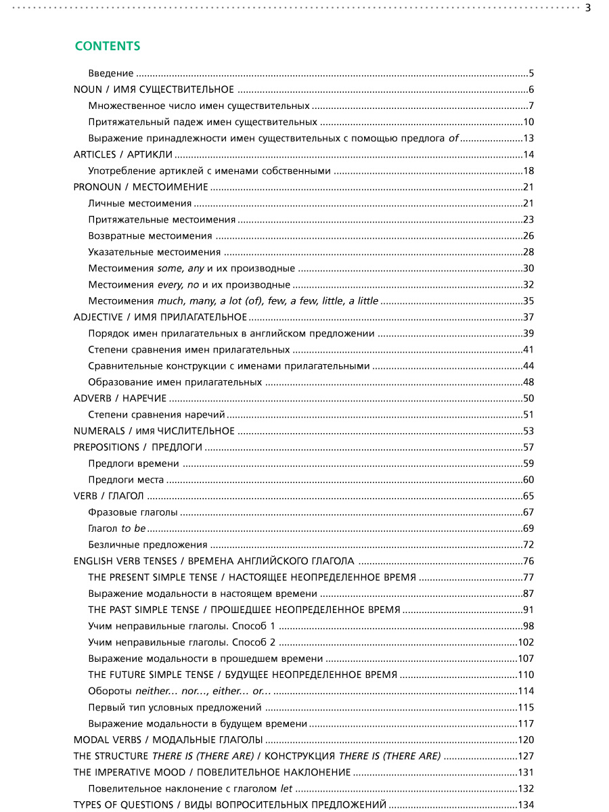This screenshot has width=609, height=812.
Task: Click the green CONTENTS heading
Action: (x=108, y=46)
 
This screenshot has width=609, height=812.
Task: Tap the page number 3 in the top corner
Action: (x=587, y=8)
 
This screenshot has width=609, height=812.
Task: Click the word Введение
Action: (x=111, y=74)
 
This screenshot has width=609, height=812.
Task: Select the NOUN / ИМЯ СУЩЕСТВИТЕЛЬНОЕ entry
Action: (x=154, y=90)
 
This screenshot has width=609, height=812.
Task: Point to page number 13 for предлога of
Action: (x=528, y=139)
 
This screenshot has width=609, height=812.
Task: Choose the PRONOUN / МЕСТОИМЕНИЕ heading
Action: (x=141, y=187)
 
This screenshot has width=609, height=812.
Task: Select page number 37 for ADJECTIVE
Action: (x=528, y=317)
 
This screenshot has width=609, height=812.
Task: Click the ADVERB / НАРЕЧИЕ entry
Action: (x=120, y=399)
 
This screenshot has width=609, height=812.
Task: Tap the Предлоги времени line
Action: (x=133, y=464)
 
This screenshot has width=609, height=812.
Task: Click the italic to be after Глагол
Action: (x=133, y=528)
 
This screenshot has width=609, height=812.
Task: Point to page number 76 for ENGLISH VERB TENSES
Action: (x=528, y=561)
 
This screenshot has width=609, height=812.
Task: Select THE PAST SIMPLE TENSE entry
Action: (x=244, y=610)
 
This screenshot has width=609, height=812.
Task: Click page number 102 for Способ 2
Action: (x=526, y=642)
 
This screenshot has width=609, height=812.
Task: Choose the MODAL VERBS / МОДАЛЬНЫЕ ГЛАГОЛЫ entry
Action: (x=168, y=740)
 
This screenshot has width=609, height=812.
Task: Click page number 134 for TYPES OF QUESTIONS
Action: (x=526, y=805)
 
